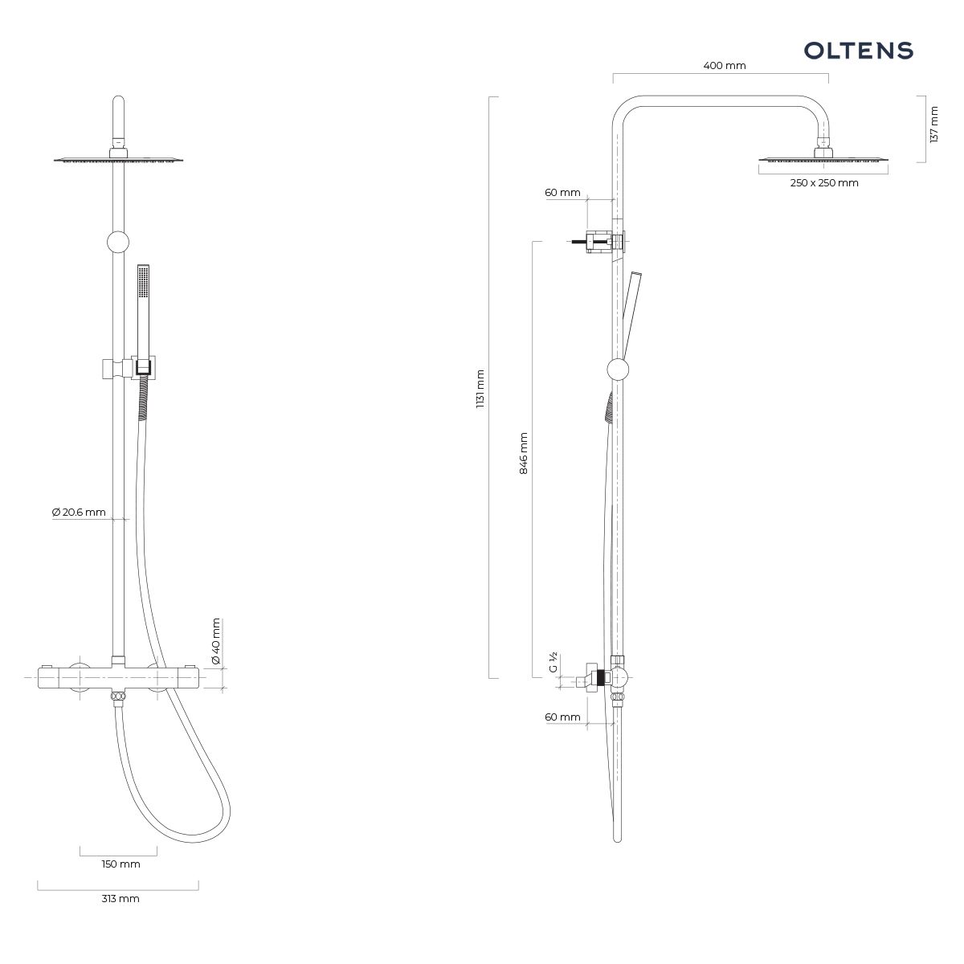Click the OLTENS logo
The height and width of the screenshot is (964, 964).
pos(858,51)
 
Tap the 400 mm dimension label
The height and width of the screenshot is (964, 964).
pos(725,66)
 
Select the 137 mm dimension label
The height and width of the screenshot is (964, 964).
pos(933,125)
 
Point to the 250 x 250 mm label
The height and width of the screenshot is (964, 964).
pos(824,183)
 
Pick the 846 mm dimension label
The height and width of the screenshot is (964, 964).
pos(523,453)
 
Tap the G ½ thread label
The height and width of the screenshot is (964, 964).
pos(553,662)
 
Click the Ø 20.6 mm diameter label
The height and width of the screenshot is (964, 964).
pos(79,513)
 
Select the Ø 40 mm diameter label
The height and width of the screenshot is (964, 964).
pos(215,641)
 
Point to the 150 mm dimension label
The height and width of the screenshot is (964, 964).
pos(121,864)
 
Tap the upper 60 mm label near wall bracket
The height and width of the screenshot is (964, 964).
pos(563,193)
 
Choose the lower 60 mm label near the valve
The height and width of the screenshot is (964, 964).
pos(563,717)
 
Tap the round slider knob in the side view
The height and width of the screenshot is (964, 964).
pos(618,370)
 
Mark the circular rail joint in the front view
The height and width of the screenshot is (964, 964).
pos(118,243)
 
